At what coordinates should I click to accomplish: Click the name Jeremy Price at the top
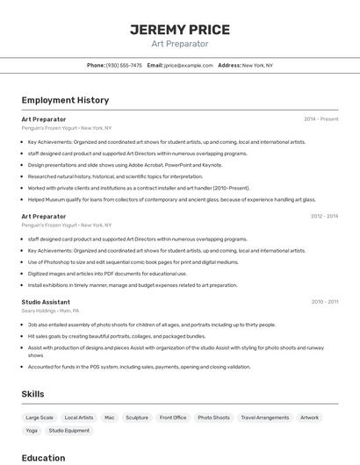point(180,29)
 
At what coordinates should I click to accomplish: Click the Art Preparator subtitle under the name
point(180,43)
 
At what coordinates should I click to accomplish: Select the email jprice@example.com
point(188,65)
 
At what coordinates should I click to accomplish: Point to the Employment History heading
point(65,100)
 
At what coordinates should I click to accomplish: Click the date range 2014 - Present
point(320,118)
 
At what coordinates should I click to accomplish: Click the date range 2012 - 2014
point(324,216)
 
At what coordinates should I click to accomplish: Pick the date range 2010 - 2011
point(324,302)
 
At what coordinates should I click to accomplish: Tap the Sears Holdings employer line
point(50,311)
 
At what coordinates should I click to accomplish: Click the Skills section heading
point(32,394)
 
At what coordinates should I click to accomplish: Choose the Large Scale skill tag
point(40,418)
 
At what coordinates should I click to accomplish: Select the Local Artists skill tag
point(79,418)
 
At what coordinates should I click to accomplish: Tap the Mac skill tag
point(110,418)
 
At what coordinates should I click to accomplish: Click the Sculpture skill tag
point(137,418)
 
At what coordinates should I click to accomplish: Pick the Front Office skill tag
point(173,418)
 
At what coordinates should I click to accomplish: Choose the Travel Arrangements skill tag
point(265,418)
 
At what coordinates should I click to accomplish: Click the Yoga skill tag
point(32,431)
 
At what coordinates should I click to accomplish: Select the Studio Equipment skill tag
point(69,431)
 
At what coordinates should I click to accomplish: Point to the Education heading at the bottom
point(43,457)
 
